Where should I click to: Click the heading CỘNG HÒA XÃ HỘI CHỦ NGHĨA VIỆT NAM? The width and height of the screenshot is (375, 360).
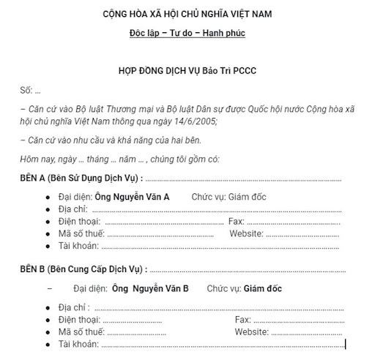(x=187, y=14)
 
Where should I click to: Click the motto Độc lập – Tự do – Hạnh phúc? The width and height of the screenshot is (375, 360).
(x=187, y=34)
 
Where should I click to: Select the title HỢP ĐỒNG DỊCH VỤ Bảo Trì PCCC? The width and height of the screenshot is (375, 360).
(x=187, y=71)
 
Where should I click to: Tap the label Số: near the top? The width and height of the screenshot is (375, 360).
(x=26, y=90)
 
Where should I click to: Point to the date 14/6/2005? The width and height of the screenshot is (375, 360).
(x=196, y=121)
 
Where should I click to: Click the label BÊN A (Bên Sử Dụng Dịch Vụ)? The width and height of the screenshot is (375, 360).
(x=79, y=178)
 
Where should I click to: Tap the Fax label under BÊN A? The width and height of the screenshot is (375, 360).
(x=237, y=221)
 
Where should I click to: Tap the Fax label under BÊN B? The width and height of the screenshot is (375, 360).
(x=242, y=320)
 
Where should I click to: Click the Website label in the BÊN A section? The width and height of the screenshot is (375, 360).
(x=246, y=233)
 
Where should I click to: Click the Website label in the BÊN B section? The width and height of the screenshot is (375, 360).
(x=253, y=331)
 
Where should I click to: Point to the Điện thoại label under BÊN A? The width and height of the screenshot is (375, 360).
(x=79, y=221)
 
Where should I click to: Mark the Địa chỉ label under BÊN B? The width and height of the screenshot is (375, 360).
(x=73, y=308)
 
